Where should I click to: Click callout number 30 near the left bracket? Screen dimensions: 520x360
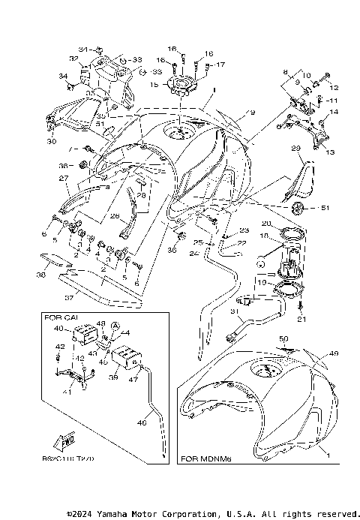[51, 141]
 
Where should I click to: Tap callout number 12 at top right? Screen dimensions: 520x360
[334, 87]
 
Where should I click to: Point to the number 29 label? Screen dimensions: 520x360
[295, 148]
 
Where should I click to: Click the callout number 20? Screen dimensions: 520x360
[265, 223]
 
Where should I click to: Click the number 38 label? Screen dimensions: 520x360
[40, 274]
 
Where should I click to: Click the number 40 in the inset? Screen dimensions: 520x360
[58, 327]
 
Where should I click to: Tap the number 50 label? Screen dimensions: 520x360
[283, 339]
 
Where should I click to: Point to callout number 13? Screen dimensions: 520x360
[327, 151]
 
